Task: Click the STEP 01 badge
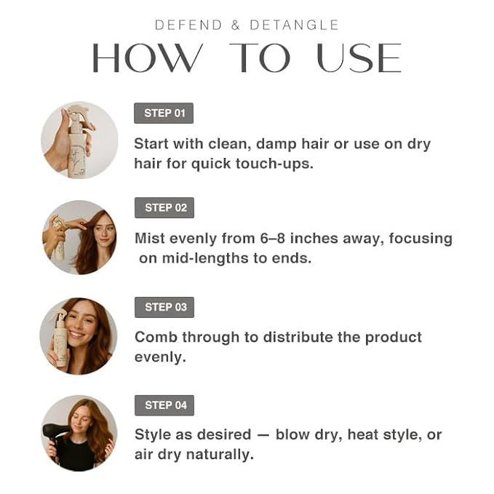pos(164,113)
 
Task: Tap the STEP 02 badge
pos(164,207)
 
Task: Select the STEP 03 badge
pos(164,306)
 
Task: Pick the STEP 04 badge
pos(164,405)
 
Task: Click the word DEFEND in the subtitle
pos(189,25)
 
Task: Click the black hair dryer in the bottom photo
pos(55,434)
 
